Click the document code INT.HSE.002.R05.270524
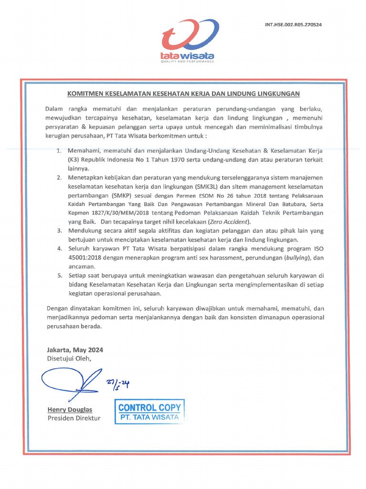tap(293, 24)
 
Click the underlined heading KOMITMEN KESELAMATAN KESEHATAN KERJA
tap(183, 94)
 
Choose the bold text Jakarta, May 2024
tap(75, 350)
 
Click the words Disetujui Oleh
tap(68, 358)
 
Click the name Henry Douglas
tap(70, 410)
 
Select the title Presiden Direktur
tap(74, 418)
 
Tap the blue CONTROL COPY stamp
tap(149, 412)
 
